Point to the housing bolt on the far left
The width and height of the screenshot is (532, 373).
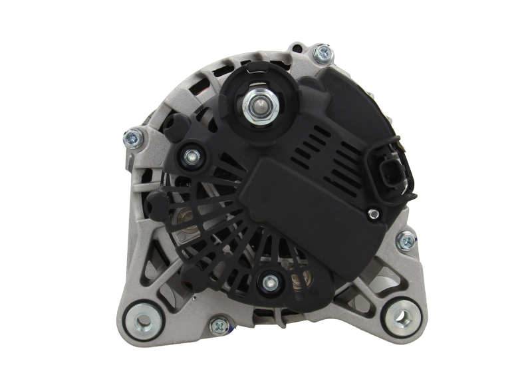[130, 138]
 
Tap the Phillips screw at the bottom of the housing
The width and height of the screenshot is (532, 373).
[217, 326]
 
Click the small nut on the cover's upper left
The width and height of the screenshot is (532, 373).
[192, 156]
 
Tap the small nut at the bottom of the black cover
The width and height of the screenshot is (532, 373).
[269, 283]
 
